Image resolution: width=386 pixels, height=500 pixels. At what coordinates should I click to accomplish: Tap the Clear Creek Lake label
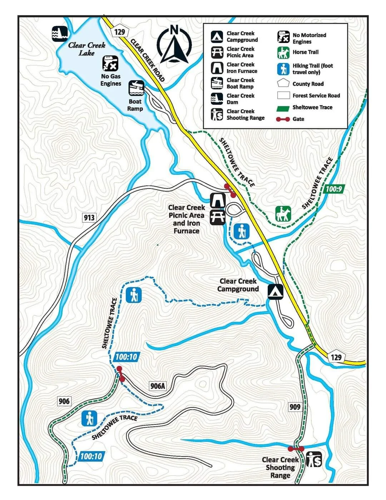point(86,49)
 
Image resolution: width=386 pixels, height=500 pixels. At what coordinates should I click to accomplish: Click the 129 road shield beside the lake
point(119,32)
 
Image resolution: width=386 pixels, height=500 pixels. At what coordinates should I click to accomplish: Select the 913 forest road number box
point(89,217)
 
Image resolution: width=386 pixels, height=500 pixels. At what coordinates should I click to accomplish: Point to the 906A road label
point(158,386)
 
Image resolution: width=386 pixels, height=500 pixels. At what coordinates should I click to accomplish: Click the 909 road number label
point(295,407)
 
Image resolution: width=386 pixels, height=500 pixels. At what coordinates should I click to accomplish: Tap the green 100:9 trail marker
point(334,189)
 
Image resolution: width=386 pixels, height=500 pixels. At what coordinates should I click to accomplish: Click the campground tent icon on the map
point(275,292)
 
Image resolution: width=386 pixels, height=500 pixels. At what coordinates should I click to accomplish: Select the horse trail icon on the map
point(283,214)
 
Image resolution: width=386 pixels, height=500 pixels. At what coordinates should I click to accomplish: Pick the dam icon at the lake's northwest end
point(60,34)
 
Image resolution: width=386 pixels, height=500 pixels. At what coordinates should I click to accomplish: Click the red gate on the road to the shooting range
point(296,448)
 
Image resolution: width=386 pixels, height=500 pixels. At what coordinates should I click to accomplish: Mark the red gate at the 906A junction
point(120,374)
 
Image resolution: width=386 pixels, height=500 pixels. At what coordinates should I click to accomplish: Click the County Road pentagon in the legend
point(283,84)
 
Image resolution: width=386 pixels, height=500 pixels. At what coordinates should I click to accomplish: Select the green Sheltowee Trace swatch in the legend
point(283,107)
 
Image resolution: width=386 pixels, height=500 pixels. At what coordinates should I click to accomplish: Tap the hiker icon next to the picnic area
point(241,231)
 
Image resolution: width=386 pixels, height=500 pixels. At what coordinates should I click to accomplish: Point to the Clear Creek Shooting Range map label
point(280,467)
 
